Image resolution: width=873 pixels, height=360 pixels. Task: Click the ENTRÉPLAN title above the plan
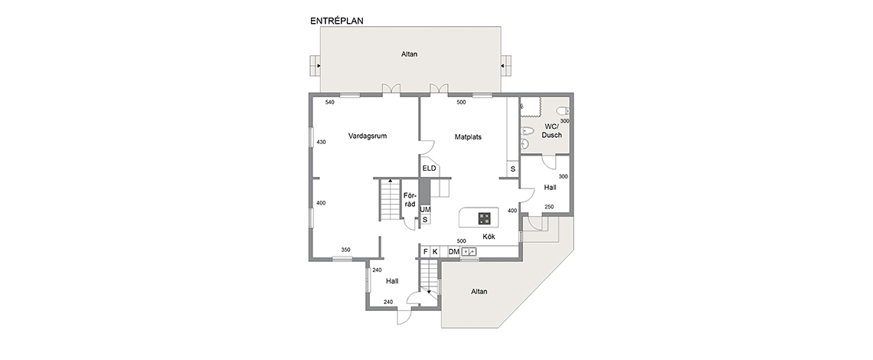(x=337, y=21)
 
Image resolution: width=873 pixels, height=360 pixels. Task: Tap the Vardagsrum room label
(x=368, y=136)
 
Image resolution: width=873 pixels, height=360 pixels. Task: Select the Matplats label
(x=468, y=136)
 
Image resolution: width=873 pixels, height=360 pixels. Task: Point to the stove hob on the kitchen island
(x=485, y=218)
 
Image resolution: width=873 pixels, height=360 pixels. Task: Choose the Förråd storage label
(x=410, y=200)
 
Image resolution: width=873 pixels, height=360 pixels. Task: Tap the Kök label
(x=489, y=237)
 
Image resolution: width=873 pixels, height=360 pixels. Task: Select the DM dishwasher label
(x=454, y=252)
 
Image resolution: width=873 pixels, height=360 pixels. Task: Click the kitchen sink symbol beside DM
(x=469, y=252)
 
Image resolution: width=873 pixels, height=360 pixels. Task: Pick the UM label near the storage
(x=425, y=210)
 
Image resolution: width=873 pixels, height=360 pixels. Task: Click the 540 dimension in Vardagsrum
(x=329, y=103)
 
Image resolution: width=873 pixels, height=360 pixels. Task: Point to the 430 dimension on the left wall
(x=322, y=142)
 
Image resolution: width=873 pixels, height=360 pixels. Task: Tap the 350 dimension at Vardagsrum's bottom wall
(x=345, y=250)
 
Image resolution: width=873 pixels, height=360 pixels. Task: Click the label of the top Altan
(x=409, y=54)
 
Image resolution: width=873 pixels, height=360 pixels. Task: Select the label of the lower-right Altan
(x=479, y=292)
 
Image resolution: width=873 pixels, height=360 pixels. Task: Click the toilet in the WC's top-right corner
(x=564, y=110)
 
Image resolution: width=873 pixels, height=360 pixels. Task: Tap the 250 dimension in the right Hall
(x=549, y=207)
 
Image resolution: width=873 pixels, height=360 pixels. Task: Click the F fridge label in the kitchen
(x=425, y=252)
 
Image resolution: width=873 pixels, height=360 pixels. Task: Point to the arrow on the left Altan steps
(x=319, y=66)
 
